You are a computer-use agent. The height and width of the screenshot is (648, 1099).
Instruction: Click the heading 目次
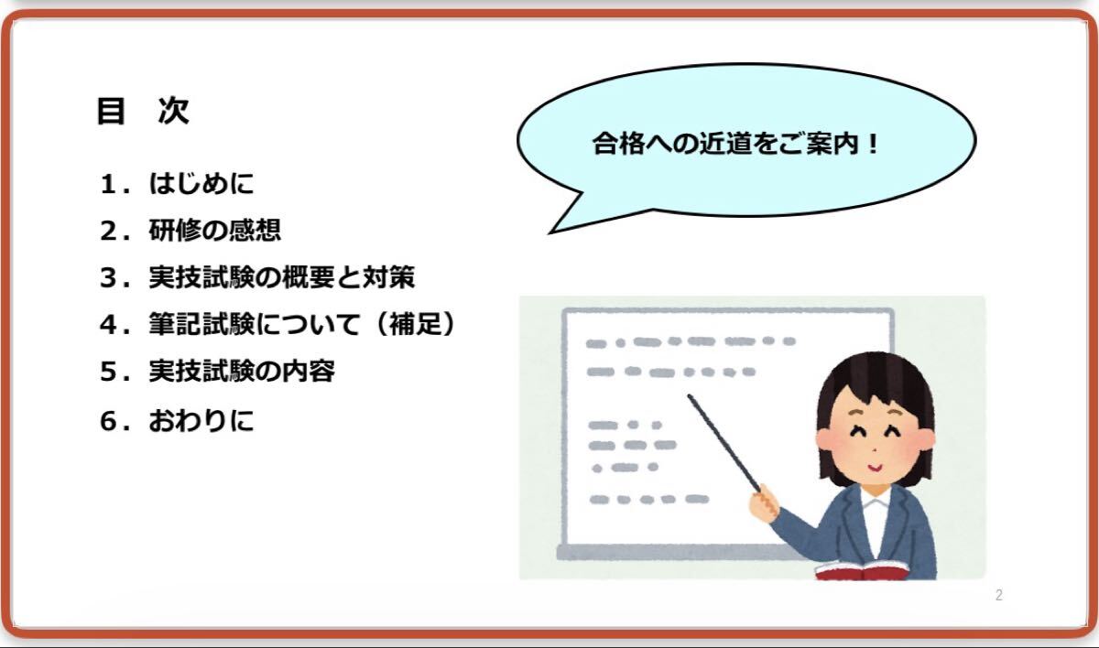143,111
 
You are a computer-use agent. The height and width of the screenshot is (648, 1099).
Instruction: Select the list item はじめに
201,184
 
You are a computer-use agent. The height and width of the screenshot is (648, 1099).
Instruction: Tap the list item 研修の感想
215,230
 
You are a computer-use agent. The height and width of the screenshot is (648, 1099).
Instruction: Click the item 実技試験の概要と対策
282,277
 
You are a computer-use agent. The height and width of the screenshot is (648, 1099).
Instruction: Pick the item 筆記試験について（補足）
303,324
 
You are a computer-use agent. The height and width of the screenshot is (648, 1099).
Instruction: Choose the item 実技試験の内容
242,371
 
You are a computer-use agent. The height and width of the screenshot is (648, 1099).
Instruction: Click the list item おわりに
201,421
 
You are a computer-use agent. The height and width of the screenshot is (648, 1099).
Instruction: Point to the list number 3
108,277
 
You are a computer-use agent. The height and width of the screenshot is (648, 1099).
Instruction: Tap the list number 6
108,421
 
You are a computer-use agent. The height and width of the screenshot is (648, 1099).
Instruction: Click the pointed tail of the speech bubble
550,232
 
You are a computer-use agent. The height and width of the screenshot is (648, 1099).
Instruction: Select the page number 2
999,595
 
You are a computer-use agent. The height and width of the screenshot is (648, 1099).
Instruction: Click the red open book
862,571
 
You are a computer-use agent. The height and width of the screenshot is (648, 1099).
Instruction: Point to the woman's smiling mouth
874,467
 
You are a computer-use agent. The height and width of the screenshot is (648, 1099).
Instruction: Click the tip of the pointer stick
690,395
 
